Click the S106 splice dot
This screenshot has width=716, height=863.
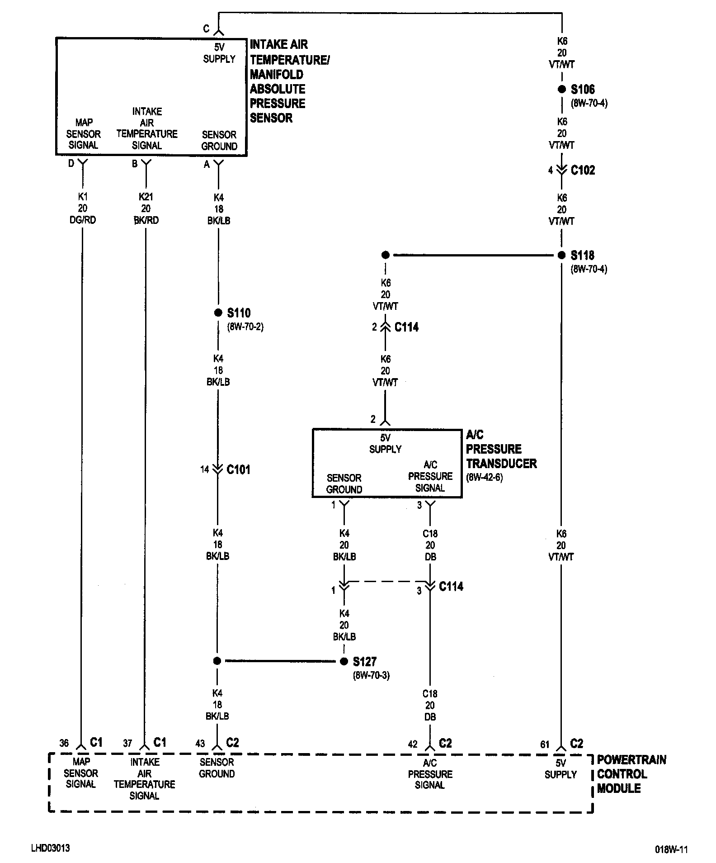[x=561, y=90]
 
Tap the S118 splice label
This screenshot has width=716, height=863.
[x=582, y=256]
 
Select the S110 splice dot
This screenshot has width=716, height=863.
[x=218, y=313]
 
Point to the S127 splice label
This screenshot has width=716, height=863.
[x=364, y=662]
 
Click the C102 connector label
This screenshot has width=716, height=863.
[x=583, y=170]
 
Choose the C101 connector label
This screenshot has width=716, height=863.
[x=238, y=469]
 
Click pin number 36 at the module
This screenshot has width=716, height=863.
[x=64, y=743]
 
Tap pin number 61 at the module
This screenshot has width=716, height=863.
[x=545, y=744]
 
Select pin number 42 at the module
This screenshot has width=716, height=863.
[x=413, y=744]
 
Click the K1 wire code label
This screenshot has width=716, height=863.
[x=83, y=197]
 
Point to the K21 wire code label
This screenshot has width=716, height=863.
[x=146, y=197]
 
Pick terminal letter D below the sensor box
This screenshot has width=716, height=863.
[x=71, y=164]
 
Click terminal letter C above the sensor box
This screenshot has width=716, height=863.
[x=206, y=29]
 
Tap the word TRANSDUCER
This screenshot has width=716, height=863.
[x=501, y=464]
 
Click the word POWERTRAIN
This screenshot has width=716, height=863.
[x=631, y=759]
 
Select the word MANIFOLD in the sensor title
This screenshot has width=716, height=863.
[x=277, y=74]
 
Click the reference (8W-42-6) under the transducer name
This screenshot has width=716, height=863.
[x=485, y=478]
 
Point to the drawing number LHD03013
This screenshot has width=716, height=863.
[x=50, y=848]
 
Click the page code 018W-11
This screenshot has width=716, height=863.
[x=671, y=849]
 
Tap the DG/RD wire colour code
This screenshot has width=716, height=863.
[x=83, y=220]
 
